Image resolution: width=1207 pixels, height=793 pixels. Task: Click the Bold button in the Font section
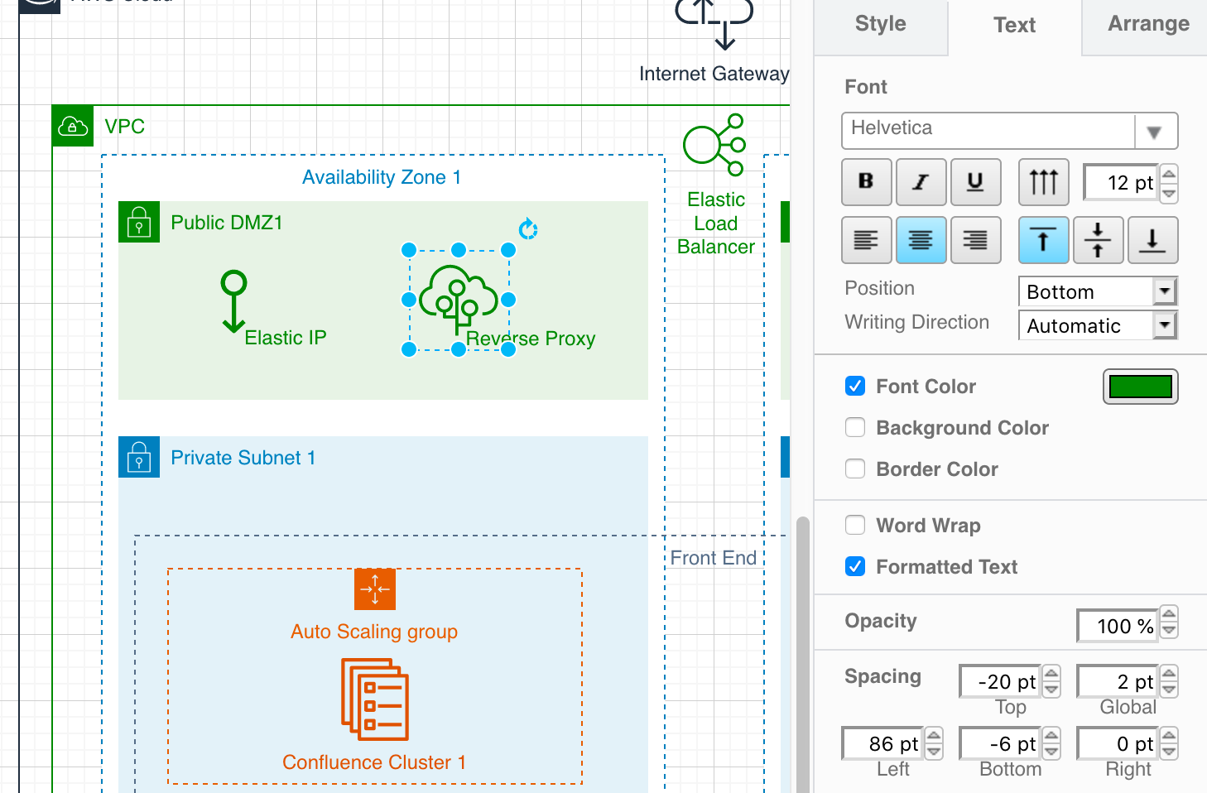tap(866, 182)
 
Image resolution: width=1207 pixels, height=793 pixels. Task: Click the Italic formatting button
tap(921, 182)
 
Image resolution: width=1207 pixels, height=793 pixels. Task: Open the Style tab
tap(880, 24)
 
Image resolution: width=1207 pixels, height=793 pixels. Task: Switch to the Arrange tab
tap(1148, 24)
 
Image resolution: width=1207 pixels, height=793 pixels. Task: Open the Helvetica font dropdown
tap(1009, 130)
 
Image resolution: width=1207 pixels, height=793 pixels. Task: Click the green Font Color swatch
tap(1140, 387)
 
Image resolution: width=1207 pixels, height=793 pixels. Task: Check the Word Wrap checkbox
tap(855, 526)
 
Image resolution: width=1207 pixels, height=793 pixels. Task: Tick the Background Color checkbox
tap(855, 428)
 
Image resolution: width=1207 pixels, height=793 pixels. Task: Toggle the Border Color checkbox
tap(855, 469)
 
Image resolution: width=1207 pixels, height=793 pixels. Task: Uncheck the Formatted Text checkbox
tap(855, 567)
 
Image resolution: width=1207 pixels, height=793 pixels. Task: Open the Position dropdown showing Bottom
tap(1097, 291)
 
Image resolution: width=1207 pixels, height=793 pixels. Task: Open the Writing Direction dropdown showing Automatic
tap(1097, 325)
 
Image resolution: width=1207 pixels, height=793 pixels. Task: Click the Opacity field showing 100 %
tap(1118, 626)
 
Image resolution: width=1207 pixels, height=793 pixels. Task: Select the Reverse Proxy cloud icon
tap(459, 299)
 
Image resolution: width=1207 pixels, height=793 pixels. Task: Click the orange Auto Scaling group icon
tap(375, 589)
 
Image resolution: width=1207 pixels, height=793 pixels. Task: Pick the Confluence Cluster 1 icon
tap(375, 699)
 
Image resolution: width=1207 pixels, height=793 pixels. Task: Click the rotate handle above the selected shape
tap(528, 228)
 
